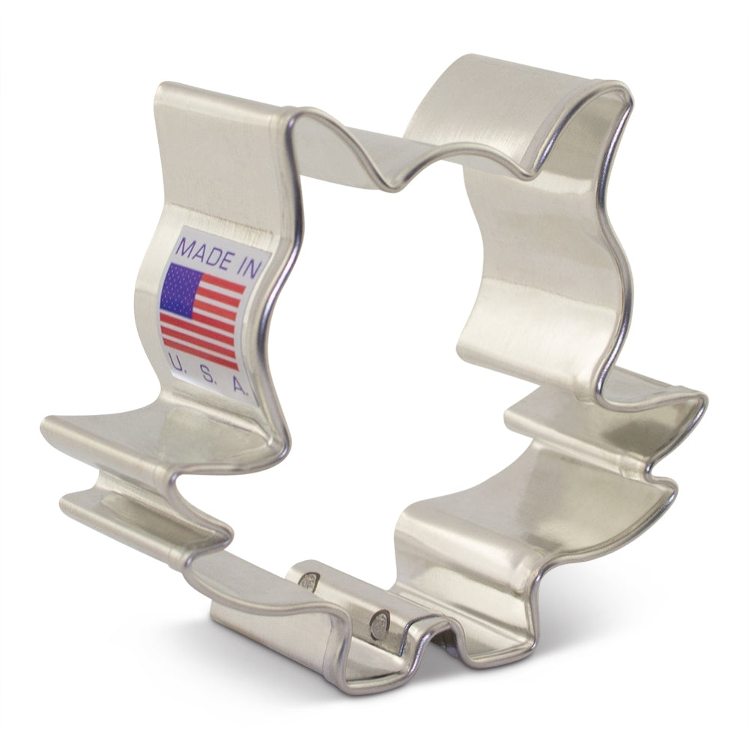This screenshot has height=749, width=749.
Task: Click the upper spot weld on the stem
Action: (309, 582)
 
